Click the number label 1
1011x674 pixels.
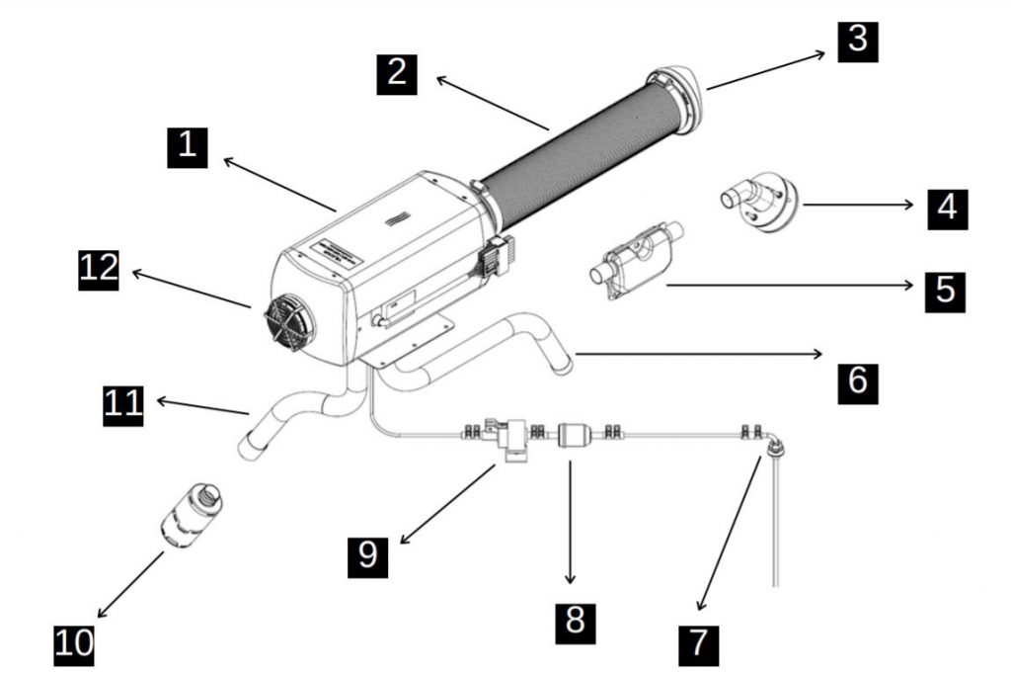[x=187, y=147]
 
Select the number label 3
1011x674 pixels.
[x=857, y=40]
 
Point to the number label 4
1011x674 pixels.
[x=947, y=208]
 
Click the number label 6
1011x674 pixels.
[x=857, y=379]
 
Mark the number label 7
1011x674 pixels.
[x=698, y=642]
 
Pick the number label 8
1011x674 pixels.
[x=575, y=621]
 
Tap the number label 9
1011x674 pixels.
[x=367, y=555]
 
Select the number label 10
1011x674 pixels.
[x=73, y=641]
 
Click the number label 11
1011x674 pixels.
[x=123, y=404]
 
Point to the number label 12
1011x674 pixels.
[x=99, y=269]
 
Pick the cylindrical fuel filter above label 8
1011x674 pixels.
[x=573, y=435]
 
